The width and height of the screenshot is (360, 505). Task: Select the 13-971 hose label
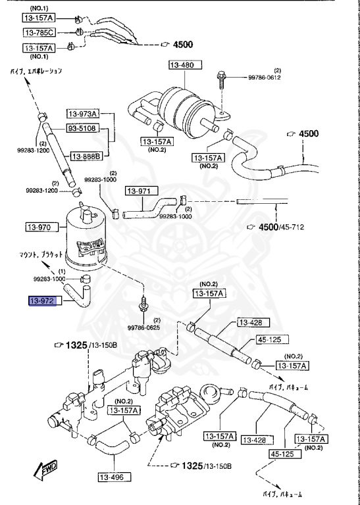[141, 191]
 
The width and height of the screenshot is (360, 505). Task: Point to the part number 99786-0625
[143, 327]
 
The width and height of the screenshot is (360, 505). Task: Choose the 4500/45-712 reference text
[281, 227]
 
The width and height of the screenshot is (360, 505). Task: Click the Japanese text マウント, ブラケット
[41, 254]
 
